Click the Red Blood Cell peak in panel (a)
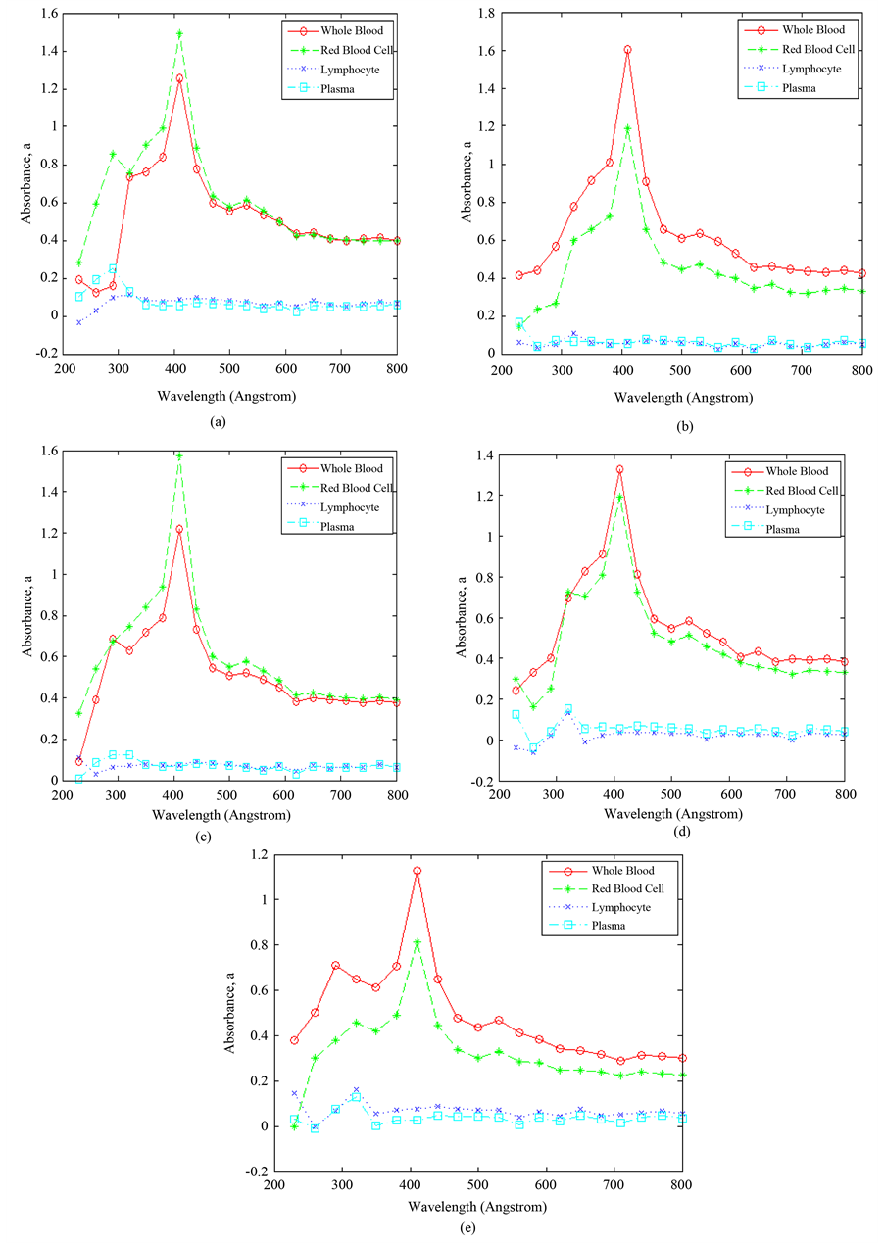179,33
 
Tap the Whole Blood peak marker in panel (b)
627,49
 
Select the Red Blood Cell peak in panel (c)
179,455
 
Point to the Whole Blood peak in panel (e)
417,871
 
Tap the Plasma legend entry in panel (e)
609,926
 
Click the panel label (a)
219,418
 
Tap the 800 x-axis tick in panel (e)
682,1184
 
